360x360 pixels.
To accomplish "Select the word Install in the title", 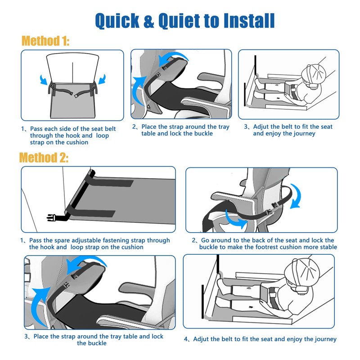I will [244, 20].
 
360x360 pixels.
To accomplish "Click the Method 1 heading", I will [45, 41].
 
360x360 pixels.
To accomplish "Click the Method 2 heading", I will [44, 158].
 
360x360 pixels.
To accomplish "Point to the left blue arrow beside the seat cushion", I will [44, 79].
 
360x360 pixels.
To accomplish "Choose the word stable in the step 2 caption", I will [326, 247].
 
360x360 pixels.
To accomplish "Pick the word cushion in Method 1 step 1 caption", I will [76, 142].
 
